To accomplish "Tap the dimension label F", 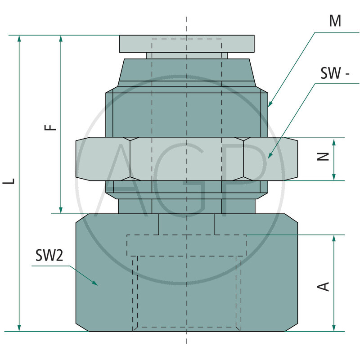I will (52, 126).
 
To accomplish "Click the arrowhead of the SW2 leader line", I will (95, 283).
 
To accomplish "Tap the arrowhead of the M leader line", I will (270, 105).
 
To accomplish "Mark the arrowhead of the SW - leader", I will (269, 157).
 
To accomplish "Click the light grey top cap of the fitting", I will (187, 44).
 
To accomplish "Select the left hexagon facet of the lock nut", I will (103, 159).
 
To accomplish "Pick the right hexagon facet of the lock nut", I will (270, 159).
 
